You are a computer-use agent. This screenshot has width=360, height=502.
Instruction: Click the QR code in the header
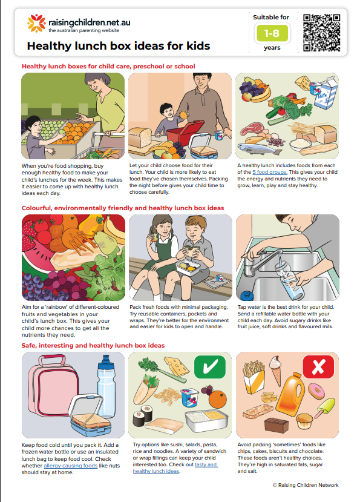click(x=321, y=33)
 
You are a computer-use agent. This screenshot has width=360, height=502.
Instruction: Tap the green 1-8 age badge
click(x=272, y=33)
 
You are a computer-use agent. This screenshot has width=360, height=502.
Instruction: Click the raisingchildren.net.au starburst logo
click(x=36, y=23)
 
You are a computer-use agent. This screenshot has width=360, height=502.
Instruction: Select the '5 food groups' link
click(x=270, y=172)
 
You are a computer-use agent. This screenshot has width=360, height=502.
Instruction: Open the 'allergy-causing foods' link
click(x=70, y=466)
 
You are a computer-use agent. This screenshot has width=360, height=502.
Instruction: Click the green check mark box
click(x=209, y=366)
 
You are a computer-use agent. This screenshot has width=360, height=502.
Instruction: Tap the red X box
click(x=318, y=366)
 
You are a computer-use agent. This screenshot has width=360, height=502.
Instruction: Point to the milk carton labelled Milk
click(x=325, y=92)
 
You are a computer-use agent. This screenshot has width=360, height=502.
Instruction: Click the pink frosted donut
click(x=316, y=391)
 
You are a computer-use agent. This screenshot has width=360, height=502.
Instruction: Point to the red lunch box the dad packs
click(x=185, y=132)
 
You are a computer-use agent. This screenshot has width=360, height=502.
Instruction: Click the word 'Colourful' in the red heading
click(x=36, y=208)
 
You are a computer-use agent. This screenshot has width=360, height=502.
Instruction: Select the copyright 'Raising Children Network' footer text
click(x=306, y=485)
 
